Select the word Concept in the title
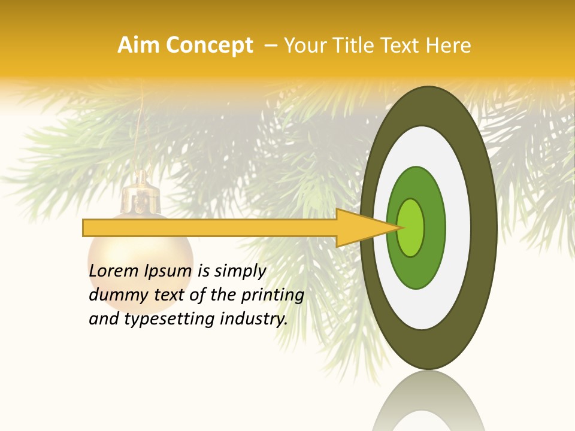point(209,45)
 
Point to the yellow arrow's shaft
point(210,227)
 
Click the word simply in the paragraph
point(239,272)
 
